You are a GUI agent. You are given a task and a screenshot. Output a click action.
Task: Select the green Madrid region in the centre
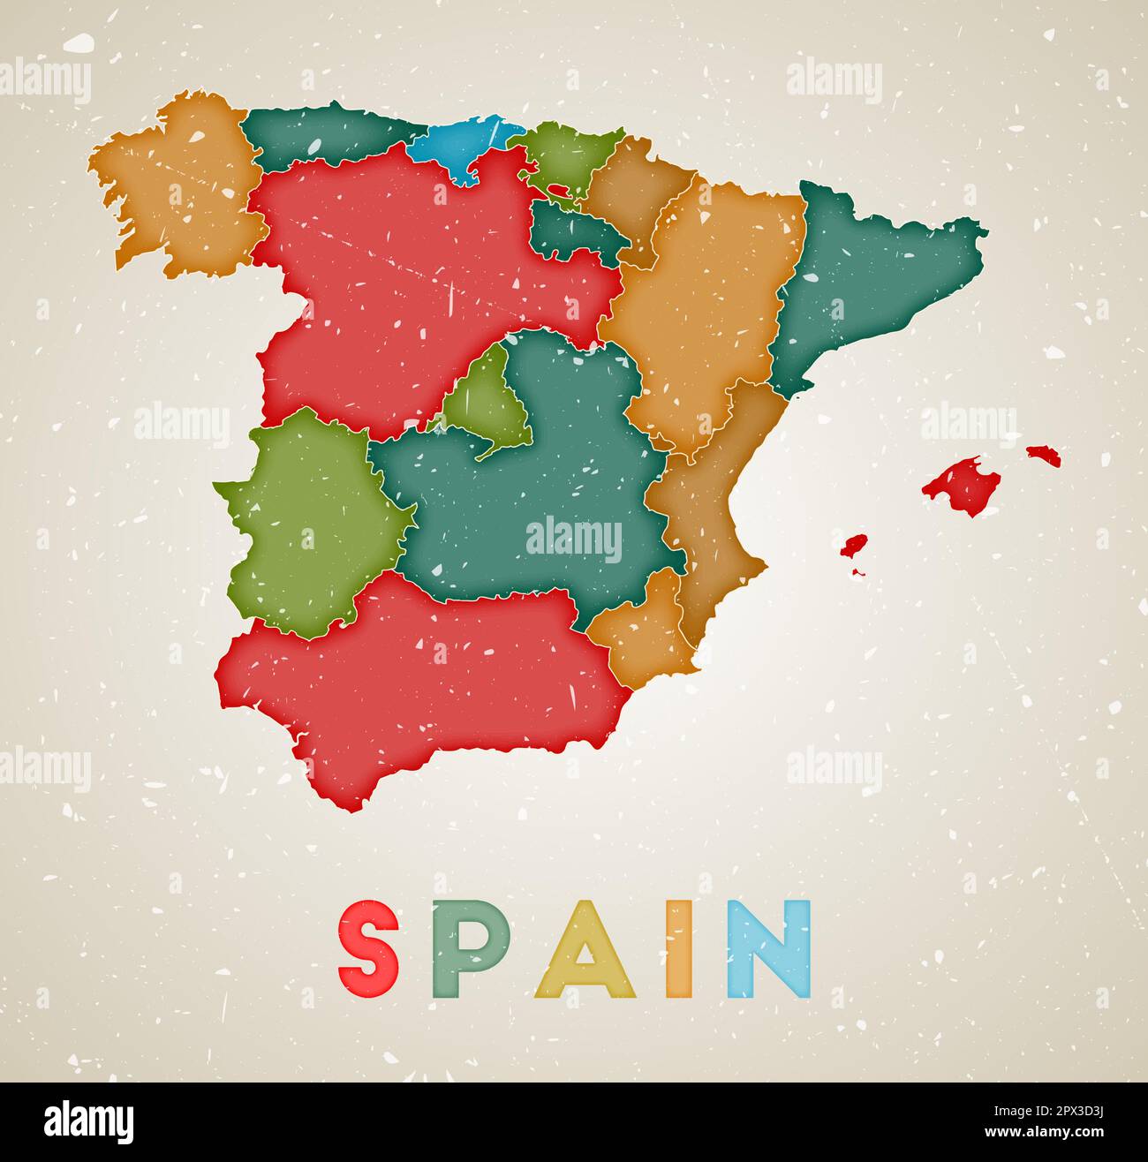486,406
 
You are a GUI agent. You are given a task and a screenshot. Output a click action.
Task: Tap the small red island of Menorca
1044,455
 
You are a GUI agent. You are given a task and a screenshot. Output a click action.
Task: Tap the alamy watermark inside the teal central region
574,539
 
